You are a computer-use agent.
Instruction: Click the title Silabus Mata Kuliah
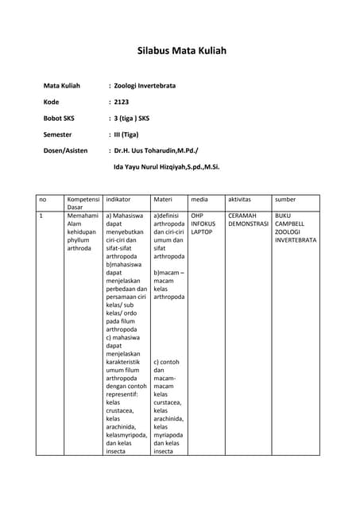182,50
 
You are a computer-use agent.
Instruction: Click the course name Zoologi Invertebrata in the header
145,85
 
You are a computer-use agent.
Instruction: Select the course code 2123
122,102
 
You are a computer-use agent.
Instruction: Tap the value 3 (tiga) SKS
132,119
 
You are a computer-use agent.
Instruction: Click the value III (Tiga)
126,135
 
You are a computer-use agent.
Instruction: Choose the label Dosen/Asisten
69,151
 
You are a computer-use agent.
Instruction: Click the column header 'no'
43,199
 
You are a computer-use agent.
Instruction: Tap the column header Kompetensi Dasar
83,203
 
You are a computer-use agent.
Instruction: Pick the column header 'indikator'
118,199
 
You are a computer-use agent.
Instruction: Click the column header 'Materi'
163,199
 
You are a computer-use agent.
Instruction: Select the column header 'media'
199,199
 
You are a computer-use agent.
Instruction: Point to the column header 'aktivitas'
239,199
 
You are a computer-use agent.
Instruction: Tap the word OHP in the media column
197,216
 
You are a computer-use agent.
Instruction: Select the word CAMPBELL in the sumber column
291,223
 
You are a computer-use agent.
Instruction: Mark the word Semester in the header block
57,135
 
